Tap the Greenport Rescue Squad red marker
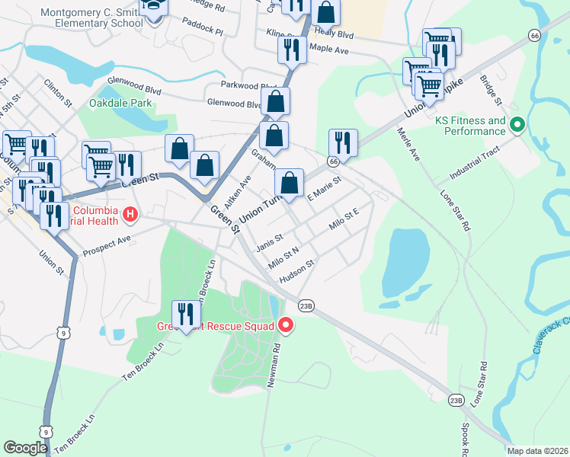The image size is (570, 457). click(287, 325)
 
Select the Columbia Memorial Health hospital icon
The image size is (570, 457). click(130, 216)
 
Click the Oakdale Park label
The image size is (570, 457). click(120, 103)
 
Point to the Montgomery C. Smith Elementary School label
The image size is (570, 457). click(91, 18)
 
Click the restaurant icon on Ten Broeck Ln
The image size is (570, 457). click(185, 314)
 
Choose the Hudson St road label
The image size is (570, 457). click(297, 272)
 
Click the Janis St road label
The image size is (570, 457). click(270, 242)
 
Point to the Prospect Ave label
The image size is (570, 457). click(107, 244)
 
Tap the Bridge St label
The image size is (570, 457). click(491, 90)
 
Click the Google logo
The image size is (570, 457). click(25, 448)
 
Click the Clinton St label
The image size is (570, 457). click(57, 92)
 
